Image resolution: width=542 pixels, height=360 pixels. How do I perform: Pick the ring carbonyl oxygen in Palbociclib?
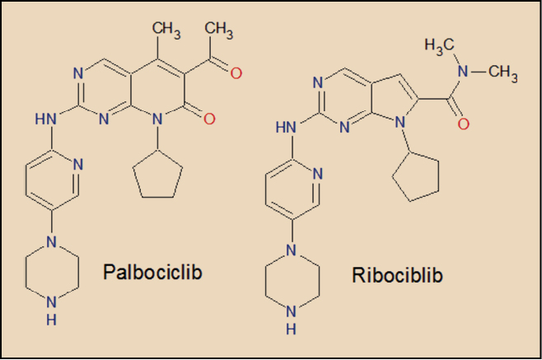coord(208,119)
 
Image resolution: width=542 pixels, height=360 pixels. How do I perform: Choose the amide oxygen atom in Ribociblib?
coord(465,125)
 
